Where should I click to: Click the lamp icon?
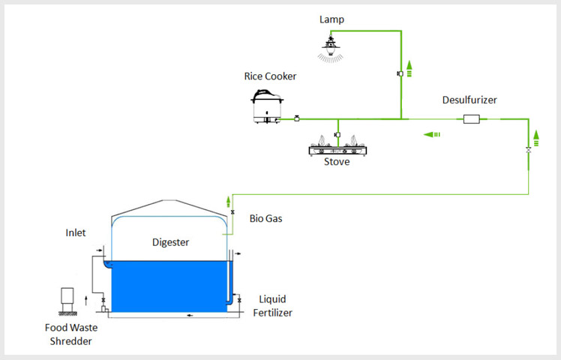click(331, 47)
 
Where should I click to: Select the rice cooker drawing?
click(267, 106)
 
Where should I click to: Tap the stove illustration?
click(337, 146)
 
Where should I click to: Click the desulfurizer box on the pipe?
click(472, 118)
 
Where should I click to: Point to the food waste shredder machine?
click(67, 301)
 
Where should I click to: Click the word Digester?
click(171, 242)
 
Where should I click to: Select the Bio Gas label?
click(265, 218)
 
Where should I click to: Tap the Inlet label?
click(76, 232)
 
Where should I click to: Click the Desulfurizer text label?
click(469, 100)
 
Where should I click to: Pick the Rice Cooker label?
click(270, 76)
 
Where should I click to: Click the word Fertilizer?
click(273, 313)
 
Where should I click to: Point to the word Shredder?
click(70, 341)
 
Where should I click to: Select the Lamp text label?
click(331, 19)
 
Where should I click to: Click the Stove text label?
click(337, 162)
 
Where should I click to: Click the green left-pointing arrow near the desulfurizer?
click(431, 134)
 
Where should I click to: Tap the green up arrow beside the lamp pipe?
click(409, 69)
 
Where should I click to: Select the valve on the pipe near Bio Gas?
click(232, 212)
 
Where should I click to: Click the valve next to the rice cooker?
click(296, 118)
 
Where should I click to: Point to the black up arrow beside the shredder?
click(85, 301)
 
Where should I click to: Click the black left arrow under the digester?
click(190, 315)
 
